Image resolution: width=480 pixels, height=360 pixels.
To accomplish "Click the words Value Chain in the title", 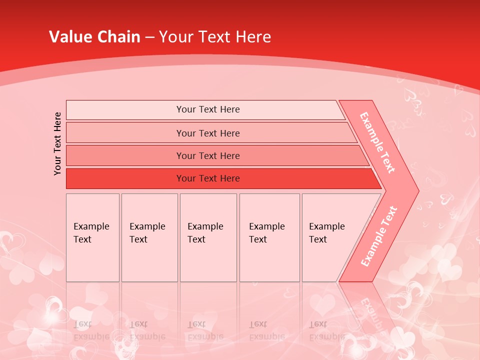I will [94, 37].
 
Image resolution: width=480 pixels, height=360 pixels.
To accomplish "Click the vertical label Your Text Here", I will [57, 143].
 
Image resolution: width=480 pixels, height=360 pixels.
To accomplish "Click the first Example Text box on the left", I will [92, 237].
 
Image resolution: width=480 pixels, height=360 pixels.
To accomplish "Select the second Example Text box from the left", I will [149, 237].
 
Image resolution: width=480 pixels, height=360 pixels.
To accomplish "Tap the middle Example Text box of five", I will [208, 237].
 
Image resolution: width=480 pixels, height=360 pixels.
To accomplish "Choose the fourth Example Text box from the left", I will [269, 237].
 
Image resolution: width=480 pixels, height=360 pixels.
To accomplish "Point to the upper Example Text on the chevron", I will [377, 142].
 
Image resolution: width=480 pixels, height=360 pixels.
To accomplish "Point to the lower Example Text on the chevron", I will [379, 236].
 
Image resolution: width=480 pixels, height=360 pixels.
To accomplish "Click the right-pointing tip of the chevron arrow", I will [416, 190].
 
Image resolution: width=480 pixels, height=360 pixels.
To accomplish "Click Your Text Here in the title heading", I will [215, 37].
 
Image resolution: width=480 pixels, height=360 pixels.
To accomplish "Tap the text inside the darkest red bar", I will [208, 178].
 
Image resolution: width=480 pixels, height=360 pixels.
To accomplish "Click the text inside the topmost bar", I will [208, 109].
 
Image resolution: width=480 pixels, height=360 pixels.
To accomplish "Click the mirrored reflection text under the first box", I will [91, 330].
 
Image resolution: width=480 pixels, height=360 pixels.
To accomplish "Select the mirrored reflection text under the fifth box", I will [326, 330].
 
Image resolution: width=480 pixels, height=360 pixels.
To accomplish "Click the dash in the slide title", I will [149, 37].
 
